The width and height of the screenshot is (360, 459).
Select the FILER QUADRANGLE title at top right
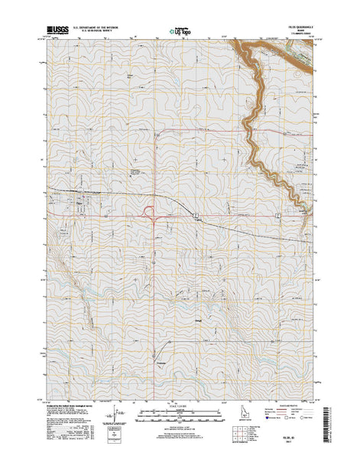click(300, 27)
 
